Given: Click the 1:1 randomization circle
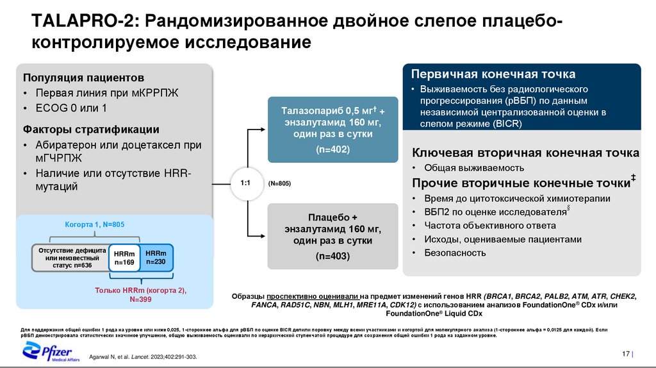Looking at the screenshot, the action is tap(245, 183).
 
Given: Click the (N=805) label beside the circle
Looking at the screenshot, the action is tap(279, 184).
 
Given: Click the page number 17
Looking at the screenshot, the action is tap(626, 355).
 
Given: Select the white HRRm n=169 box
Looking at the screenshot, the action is tap(124, 257).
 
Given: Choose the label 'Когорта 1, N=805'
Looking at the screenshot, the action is tap(94, 225).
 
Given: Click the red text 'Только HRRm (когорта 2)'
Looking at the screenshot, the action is tap(140, 290).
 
